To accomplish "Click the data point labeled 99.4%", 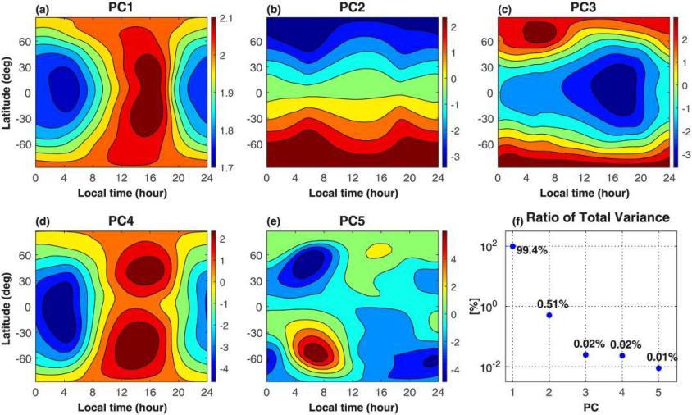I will [x=512, y=246].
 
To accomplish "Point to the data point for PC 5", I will [x=659, y=368].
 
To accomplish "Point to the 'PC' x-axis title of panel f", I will [x=585, y=407].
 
